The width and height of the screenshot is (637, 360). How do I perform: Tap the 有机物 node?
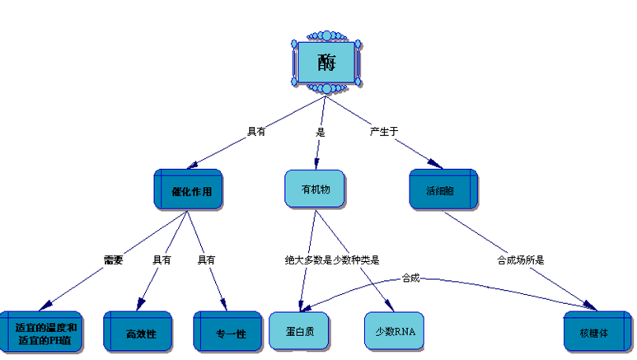(315, 189)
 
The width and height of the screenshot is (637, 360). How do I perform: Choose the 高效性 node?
(138, 332)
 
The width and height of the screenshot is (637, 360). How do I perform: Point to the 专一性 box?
(230, 332)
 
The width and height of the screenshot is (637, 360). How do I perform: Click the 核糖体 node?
(597, 332)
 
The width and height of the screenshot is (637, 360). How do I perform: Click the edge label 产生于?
(385, 130)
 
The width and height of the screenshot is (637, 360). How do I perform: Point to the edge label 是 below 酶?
(321, 131)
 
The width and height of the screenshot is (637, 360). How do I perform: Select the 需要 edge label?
(113, 259)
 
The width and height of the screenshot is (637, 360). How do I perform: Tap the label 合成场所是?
(520, 259)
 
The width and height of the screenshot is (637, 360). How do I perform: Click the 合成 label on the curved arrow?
(410, 278)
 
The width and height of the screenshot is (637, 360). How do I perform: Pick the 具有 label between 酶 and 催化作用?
(256, 131)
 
